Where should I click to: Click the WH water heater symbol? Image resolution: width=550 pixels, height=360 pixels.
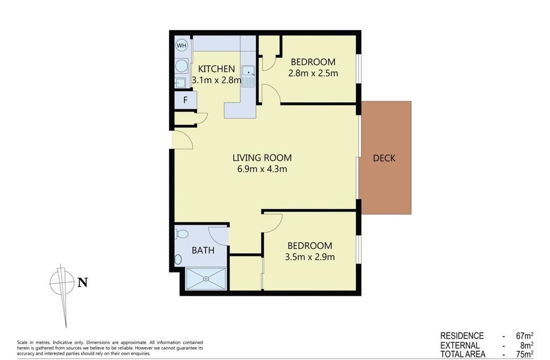click(x=182, y=45)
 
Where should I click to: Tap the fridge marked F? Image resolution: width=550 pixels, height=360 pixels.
click(x=185, y=100)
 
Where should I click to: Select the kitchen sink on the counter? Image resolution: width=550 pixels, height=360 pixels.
click(x=248, y=76)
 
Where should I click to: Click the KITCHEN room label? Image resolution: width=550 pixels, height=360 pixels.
click(x=216, y=69)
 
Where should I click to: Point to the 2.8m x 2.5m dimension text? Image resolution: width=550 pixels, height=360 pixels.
click(x=313, y=73)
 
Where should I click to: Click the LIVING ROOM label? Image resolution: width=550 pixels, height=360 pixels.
click(x=262, y=158)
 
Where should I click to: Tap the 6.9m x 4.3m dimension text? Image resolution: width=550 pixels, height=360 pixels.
click(x=262, y=169)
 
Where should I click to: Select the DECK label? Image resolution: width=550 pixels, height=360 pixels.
click(x=384, y=159)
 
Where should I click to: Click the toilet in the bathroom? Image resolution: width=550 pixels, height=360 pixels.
click(x=182, y=233)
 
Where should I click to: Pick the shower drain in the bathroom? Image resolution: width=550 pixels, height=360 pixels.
click(x=206, y=279)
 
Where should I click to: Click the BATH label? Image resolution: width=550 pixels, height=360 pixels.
click(x=203, y=250)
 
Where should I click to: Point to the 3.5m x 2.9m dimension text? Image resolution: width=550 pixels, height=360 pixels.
click(x=310, y=257)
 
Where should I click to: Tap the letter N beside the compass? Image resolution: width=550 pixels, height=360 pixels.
click(x=82, y=283)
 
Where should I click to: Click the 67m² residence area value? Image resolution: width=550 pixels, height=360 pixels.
click(x=525, y=336)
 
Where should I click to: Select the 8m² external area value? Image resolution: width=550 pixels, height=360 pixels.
click(x=527, y=345)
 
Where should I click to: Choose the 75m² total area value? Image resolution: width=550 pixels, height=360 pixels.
click(x=525, y=355)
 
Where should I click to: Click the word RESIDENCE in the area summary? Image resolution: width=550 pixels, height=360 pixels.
click(x=462, y=336)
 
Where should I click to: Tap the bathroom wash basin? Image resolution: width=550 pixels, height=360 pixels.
click(x=178, y=260)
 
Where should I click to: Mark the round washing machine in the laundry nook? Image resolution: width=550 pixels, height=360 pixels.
click(x=182, y=66)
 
